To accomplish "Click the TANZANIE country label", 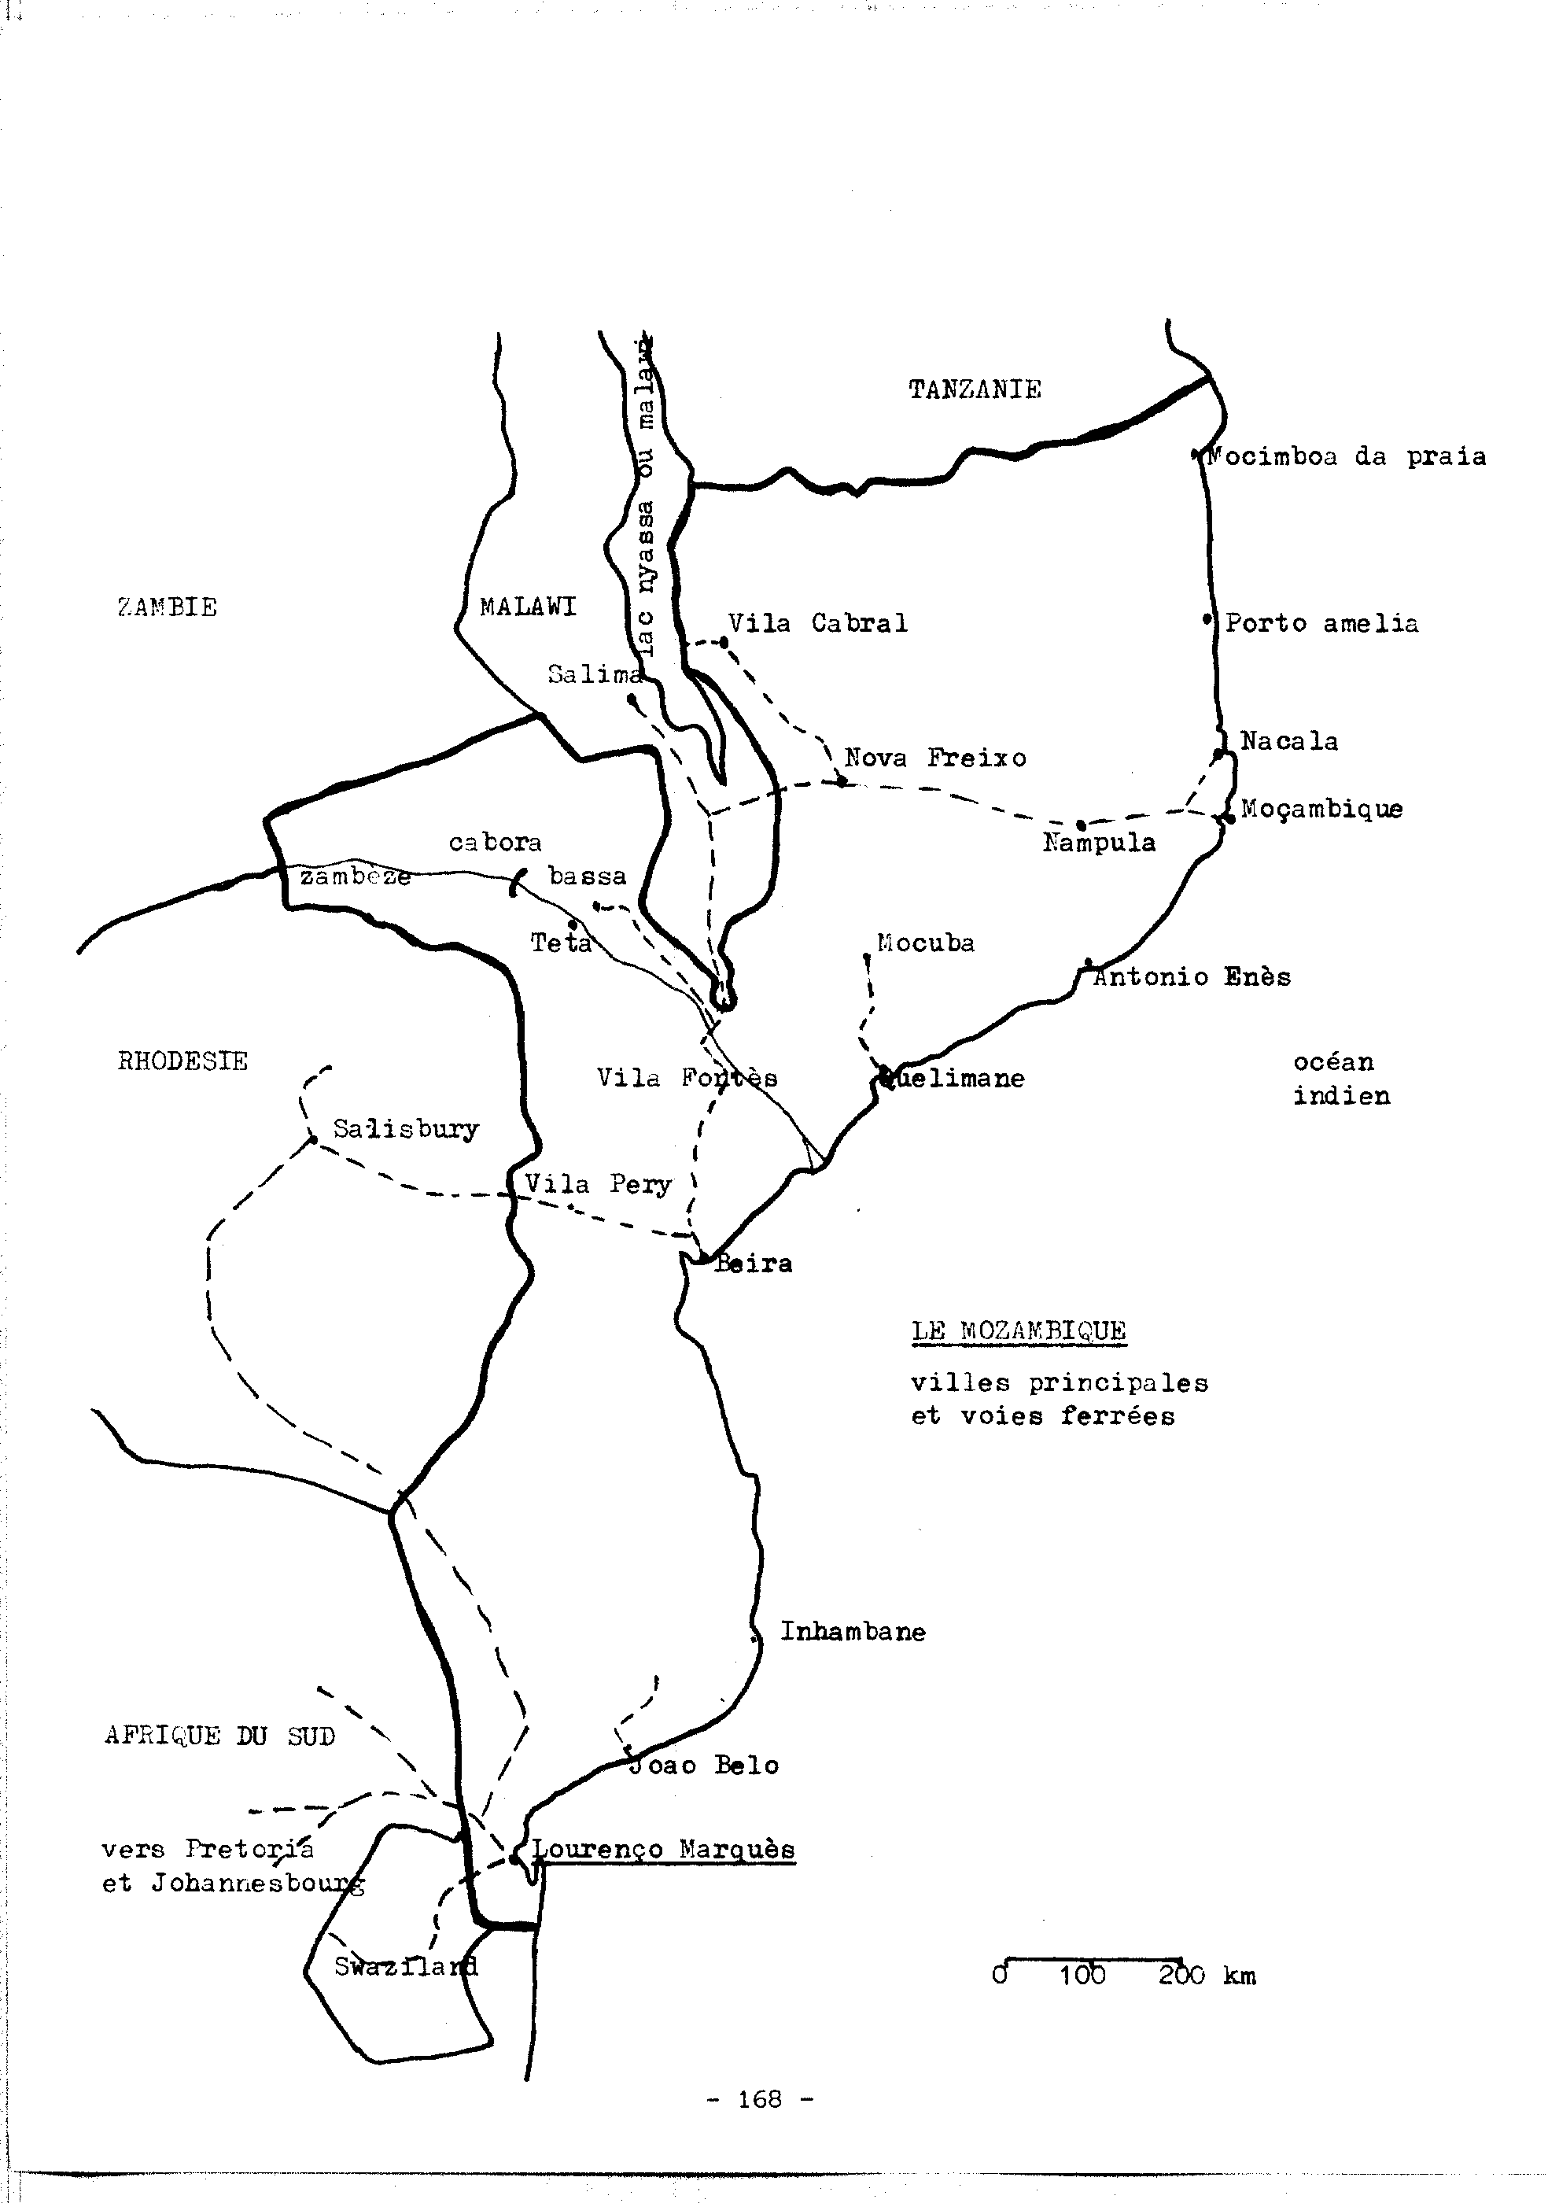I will (x=975, y=389).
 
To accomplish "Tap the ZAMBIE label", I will (x=168, y=607).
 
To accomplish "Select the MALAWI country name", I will (x=529, y=607).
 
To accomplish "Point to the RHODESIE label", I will (x=182, y=1061).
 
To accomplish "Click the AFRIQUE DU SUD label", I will (x=219, y=1735).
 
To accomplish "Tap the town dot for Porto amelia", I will (x=1207, y=620).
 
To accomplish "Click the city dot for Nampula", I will (x=1081, y=825).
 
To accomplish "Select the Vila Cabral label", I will (x=817, y=624).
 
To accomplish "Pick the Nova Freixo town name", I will (x=935, y=758).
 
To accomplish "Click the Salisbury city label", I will (x=406, y=1129).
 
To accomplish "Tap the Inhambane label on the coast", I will (x=853, y=1631).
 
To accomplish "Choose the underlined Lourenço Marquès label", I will (x=664, y=1849).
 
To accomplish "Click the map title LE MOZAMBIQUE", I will (x=1019, y=1330).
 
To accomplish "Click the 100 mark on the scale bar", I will (x=1082, y=1976).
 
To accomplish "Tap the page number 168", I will (x=760, y=2099).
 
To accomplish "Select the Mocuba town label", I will (x=926, y=943).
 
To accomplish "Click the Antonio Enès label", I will (x=1192, y=976).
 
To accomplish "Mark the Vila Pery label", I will (x=598, y=1184).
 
